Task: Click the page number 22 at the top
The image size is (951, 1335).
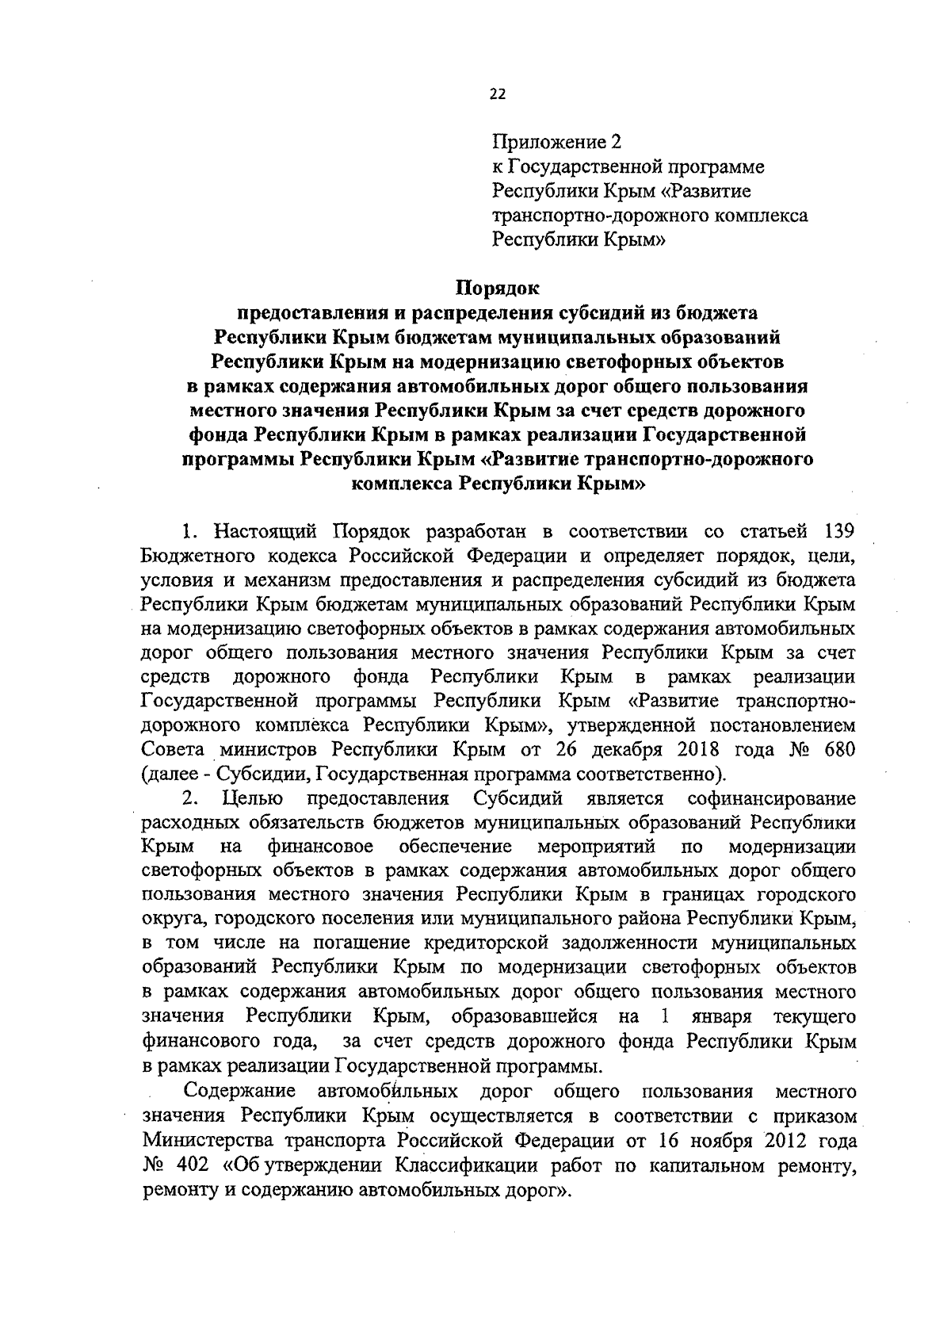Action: pos(497,94)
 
